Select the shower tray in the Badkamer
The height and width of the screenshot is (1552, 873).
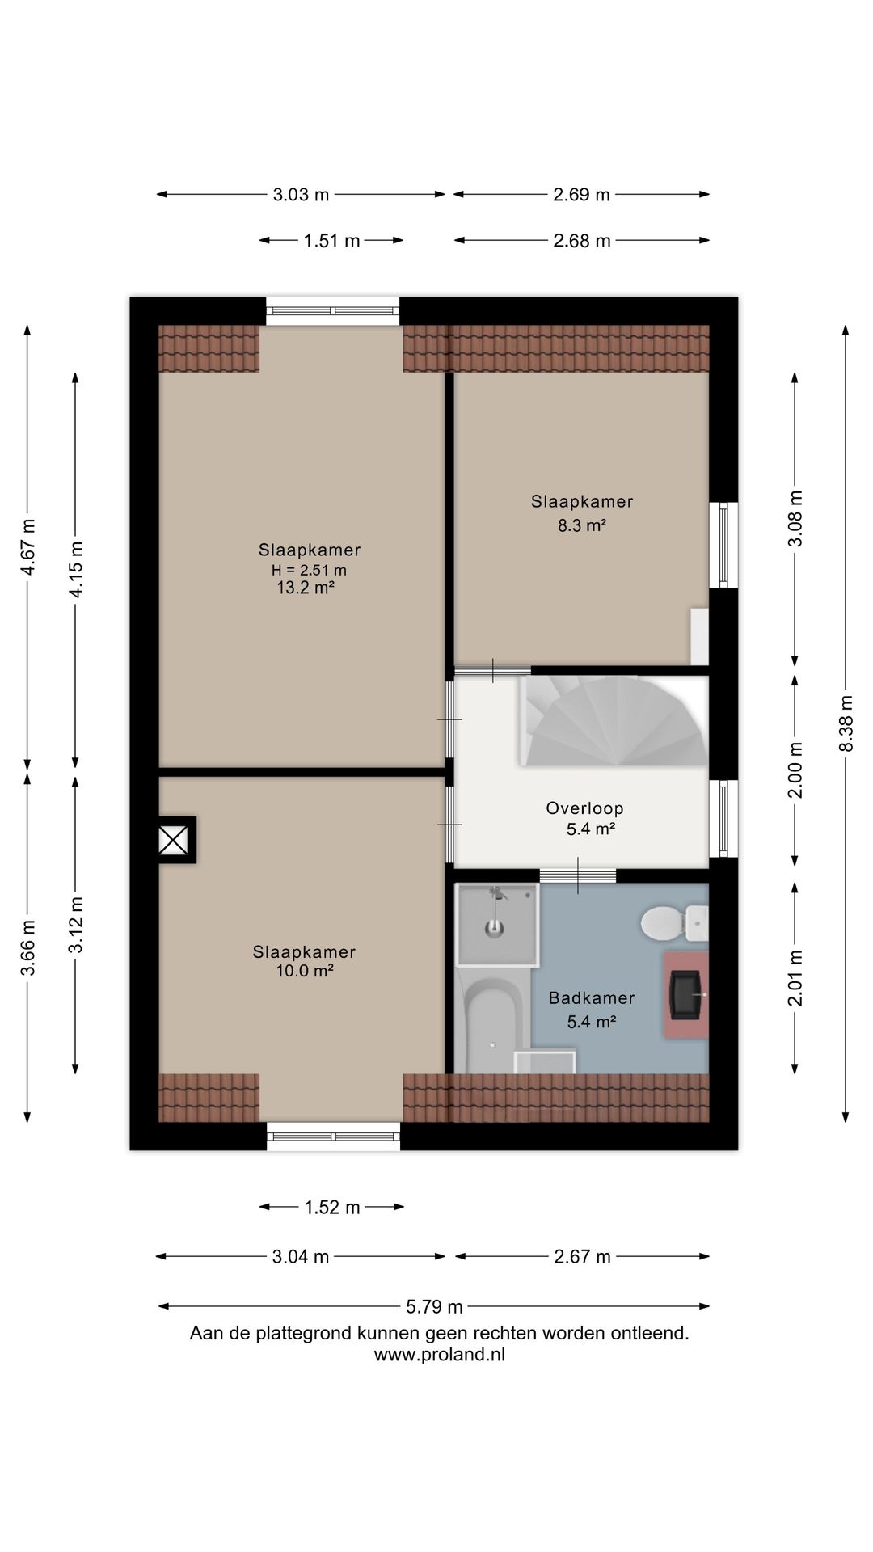497,925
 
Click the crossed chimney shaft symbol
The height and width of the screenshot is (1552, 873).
173,840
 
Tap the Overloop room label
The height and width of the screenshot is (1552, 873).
584,808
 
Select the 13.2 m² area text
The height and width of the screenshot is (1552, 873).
306,588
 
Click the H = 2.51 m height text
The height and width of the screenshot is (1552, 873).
309,570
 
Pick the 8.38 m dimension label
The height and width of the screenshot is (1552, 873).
846,723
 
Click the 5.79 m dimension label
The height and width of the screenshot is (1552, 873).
434,1305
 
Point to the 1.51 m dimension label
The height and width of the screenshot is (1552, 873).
331,240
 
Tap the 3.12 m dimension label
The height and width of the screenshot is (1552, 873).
76,925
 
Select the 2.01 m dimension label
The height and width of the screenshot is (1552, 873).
796,977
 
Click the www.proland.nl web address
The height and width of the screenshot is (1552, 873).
439,1355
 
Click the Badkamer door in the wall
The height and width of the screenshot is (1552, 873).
578,875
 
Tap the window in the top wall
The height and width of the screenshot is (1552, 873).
333,311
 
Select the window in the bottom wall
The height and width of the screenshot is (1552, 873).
333,1136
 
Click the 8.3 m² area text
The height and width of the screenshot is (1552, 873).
581,525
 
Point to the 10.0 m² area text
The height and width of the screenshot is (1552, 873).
305,971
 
